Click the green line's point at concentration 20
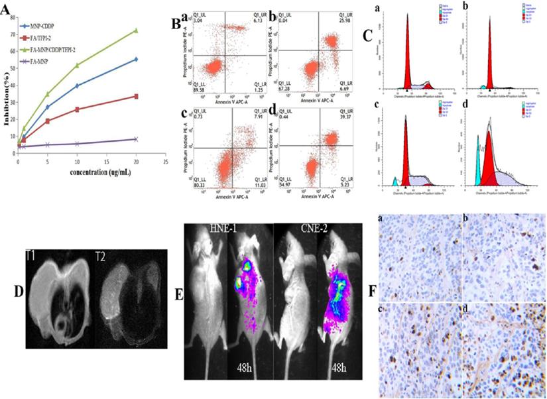click(x=136, y=30)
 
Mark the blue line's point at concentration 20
click(x=136, y=60)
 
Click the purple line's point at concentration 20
click(x=136, y=139)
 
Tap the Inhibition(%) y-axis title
click(x=5, y=93)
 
